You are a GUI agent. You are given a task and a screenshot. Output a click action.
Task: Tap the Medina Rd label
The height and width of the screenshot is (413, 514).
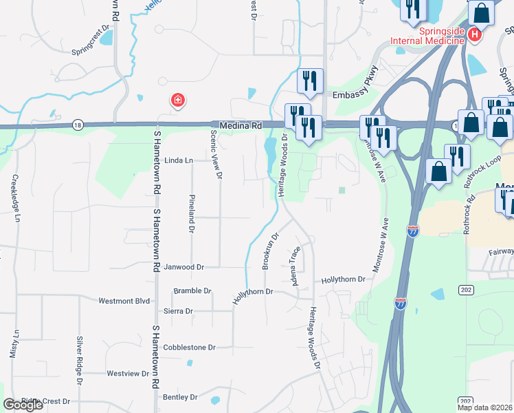coord(241,126)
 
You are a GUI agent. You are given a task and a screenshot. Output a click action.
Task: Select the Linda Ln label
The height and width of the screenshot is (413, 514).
coord(179,160)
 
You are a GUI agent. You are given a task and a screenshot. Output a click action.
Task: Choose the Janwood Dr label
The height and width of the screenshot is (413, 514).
coord(183,266)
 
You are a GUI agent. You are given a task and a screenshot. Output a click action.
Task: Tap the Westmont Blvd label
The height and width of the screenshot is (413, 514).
coord(124,301)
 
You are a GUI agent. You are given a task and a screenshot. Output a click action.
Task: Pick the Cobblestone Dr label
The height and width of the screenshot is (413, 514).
coord(189,348)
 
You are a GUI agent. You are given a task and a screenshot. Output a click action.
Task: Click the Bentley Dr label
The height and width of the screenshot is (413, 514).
coord(180,397)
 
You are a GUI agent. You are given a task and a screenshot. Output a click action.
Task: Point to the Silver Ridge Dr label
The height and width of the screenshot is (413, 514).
coord(80,361)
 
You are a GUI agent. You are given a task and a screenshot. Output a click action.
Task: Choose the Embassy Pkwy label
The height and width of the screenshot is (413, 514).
coord(355,96)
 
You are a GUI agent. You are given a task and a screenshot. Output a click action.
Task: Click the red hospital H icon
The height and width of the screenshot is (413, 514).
coord(473,33)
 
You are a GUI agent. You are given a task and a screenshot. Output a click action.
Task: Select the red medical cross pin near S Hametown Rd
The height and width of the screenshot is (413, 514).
coord(177,101)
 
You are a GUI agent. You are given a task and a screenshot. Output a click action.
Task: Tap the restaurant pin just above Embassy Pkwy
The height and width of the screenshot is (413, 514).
coord(310,80)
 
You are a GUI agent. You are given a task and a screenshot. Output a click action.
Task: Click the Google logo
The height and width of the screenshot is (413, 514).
coord(22,405)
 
